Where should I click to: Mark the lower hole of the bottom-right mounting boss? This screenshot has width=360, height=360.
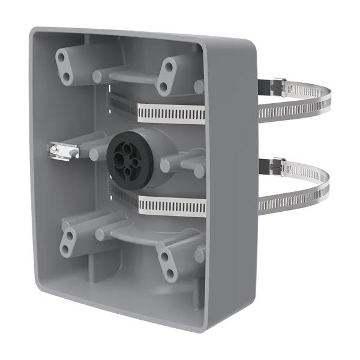pyautogui.click(x=170, y=274)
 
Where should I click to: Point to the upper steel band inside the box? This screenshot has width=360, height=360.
pyautogui.click(x=170, y=112)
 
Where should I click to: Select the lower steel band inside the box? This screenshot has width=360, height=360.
pyautogui.click(x=170, y=206)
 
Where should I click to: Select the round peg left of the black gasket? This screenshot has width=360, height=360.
pyautogui.click(x=95, y=153)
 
